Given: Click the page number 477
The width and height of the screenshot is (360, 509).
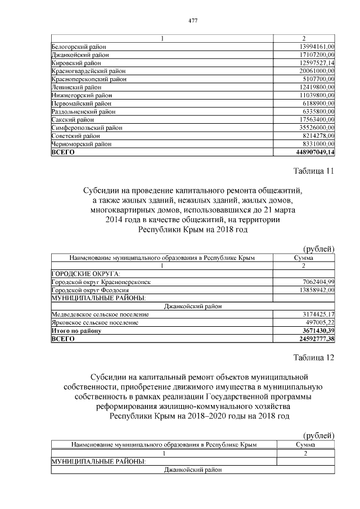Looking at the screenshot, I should pos(193,21).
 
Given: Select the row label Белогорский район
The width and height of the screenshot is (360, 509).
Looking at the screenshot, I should pos(79,46).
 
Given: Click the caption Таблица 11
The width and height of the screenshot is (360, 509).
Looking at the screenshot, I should pos(314,172).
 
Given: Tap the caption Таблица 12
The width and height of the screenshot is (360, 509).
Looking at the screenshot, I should pos(314,358).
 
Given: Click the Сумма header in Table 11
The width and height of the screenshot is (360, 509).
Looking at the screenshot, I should pos(303,258).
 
